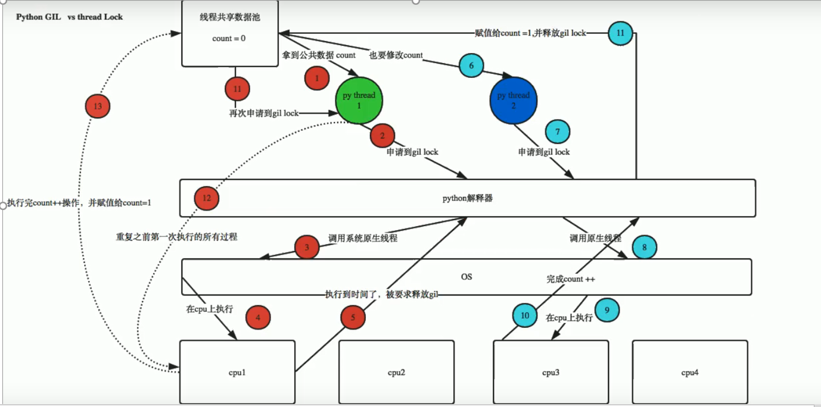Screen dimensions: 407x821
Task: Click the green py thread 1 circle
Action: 359,100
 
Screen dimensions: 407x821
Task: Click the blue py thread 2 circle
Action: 513,101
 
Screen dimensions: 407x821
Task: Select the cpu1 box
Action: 238,372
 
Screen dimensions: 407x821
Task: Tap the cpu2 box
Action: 396,372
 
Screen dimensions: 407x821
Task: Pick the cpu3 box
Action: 551,372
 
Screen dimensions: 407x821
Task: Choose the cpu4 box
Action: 690,372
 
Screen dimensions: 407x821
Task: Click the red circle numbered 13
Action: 98,107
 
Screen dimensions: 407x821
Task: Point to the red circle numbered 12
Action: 207,198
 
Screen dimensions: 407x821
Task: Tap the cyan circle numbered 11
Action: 620,33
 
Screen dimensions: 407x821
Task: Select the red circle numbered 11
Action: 237,89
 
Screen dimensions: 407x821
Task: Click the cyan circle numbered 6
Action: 471,66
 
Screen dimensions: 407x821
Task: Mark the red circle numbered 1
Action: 317,78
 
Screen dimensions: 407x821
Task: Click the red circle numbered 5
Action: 353,318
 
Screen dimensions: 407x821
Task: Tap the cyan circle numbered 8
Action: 645,246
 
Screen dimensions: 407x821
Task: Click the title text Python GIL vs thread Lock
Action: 69,17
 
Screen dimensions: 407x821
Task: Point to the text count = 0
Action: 229,39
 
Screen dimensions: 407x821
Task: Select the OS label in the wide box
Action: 467,277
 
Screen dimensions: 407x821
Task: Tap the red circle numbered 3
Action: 307,247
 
